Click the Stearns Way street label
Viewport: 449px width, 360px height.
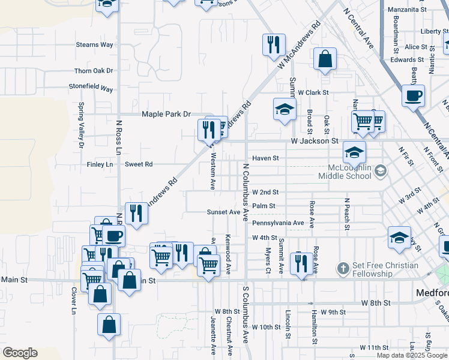pyautogui.click(x=95, y=44)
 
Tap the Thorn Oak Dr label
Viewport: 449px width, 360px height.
pyautogui.click(x=93, y=71)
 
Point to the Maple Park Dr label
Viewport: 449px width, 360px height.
pyautogui.click(x=166, y=114)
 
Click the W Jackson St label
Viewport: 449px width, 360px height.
pyautogui.click(x=315, y=141)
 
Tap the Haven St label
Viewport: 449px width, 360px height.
pyautogui.click(x=265, y=158)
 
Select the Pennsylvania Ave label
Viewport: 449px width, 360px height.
pyautogui.click(x=278, y=223)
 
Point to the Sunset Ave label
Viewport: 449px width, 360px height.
pyautogui.click(x=223, y=212)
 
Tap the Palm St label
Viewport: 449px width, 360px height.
pyautogui.click(x=264, y=206)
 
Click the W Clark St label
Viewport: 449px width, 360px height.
pyautogui.click(x=313, y=92)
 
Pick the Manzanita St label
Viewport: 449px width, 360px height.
pyautogui.click(x=406, y=10)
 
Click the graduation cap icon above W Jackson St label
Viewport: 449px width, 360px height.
pyautogui.click(x=285, y=109)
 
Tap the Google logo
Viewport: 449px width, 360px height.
pyautogui.click(x=20, y=353)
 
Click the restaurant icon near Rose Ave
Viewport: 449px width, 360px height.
pyautogui.click(x=301, y=262)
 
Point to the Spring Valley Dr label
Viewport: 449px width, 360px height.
pyautogui.click(x=82, y=125)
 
